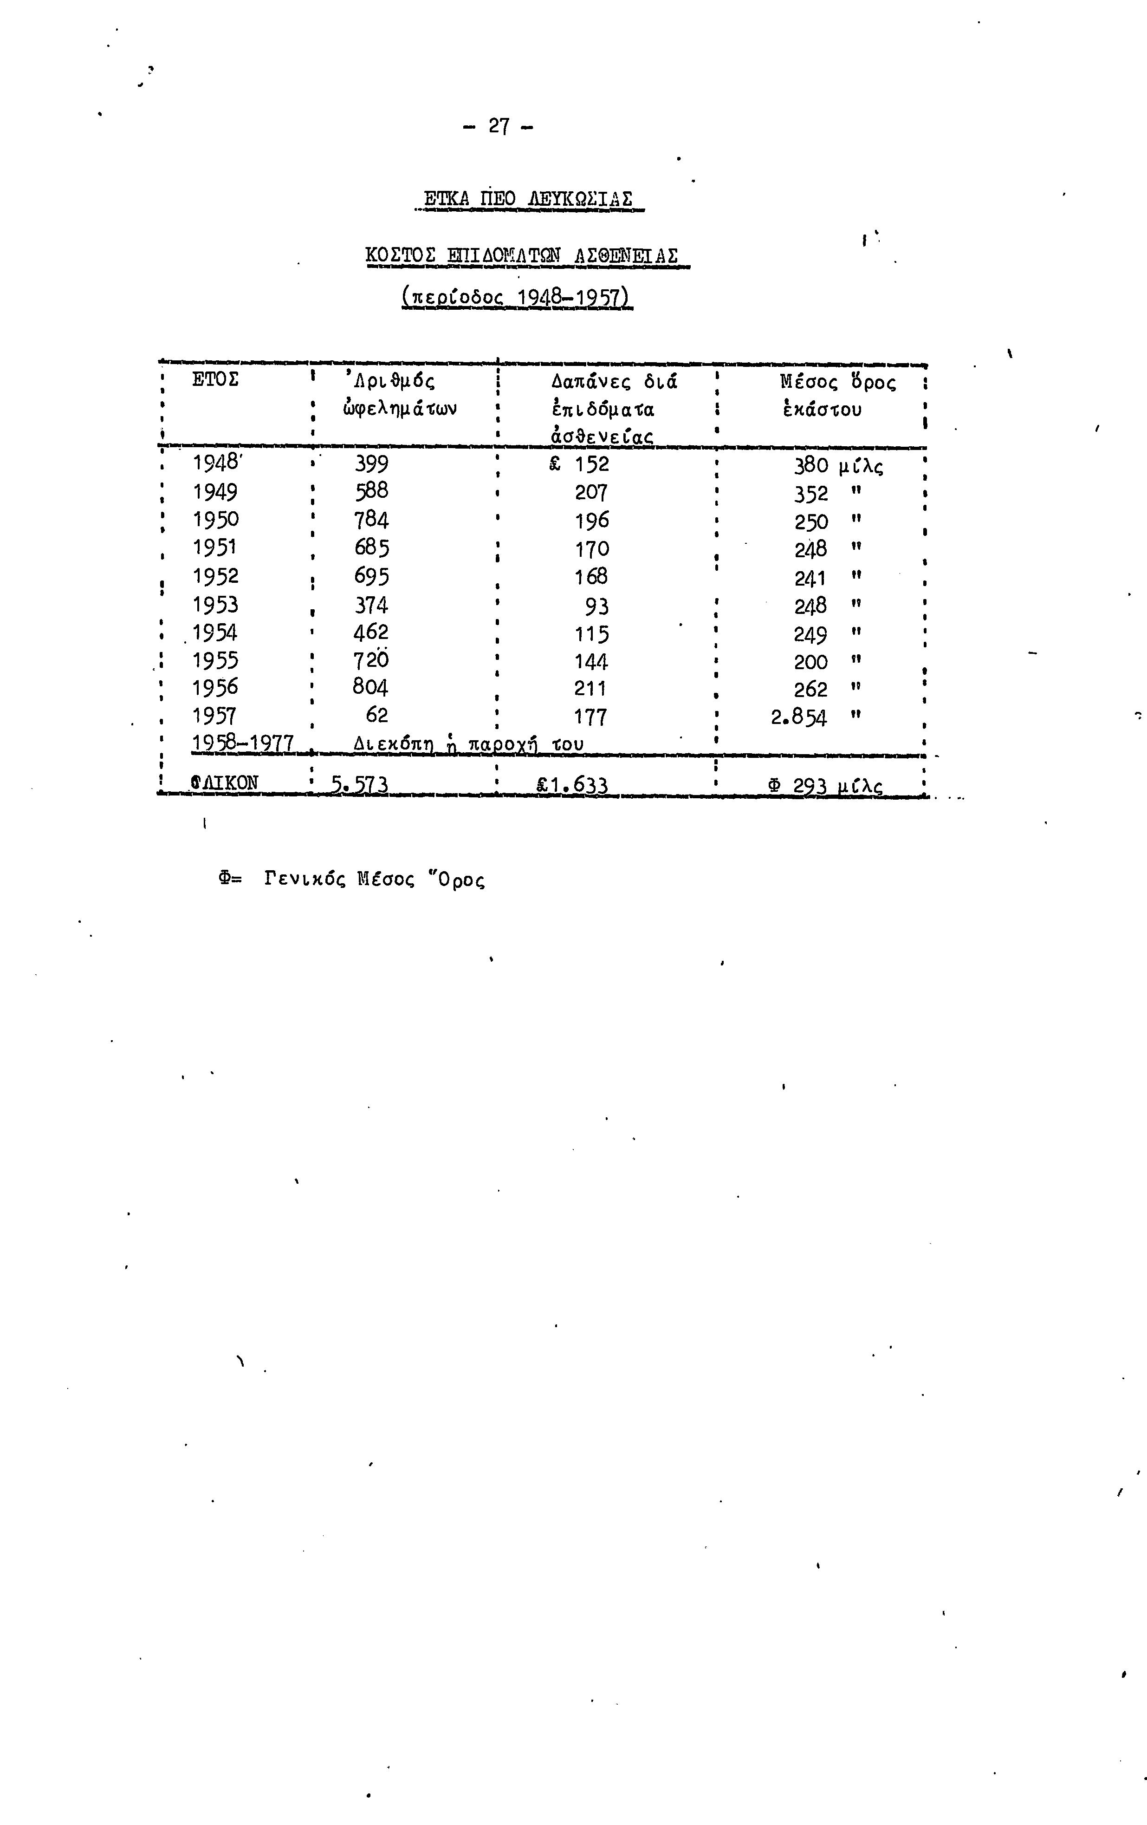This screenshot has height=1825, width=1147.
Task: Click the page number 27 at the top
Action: click(499, 126)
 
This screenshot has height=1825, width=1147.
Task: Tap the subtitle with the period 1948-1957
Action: click(516, 296)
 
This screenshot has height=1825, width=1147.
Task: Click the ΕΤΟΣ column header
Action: click(216, 380)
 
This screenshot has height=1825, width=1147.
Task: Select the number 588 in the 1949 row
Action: click(371, 491)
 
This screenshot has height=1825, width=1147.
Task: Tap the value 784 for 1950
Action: click(371, 520)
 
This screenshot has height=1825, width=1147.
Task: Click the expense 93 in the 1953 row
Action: click(596, 606)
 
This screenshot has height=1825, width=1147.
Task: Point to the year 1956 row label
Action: click(215, 687)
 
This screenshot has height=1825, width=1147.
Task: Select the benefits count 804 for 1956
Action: click(370, 687)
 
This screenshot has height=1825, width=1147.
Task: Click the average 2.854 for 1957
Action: click(798, 717)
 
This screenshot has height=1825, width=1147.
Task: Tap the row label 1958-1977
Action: click(242, 744)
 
